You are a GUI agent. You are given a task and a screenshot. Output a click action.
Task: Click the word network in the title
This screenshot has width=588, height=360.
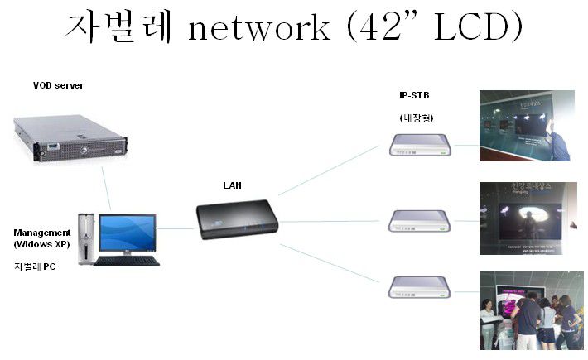tap(259, 29)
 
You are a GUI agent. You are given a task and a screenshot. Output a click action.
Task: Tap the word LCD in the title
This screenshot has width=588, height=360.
tap(469, 29)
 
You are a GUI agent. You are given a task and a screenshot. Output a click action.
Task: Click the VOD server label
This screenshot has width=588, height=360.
tap(58, 85)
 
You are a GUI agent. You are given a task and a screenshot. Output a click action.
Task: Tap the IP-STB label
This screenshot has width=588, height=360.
tap(414, 95)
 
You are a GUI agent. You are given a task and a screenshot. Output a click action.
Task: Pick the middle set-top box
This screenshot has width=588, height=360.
tap(421, 220)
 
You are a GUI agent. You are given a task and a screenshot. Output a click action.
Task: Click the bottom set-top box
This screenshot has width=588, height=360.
tap(421, 287)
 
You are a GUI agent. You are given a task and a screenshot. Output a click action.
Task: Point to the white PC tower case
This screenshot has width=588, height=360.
tap(86, 238)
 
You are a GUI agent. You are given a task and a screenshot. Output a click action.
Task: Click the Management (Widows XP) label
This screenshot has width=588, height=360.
tap(42, 238)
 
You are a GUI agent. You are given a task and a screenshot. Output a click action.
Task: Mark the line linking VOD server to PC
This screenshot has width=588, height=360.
tap(106, 187)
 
